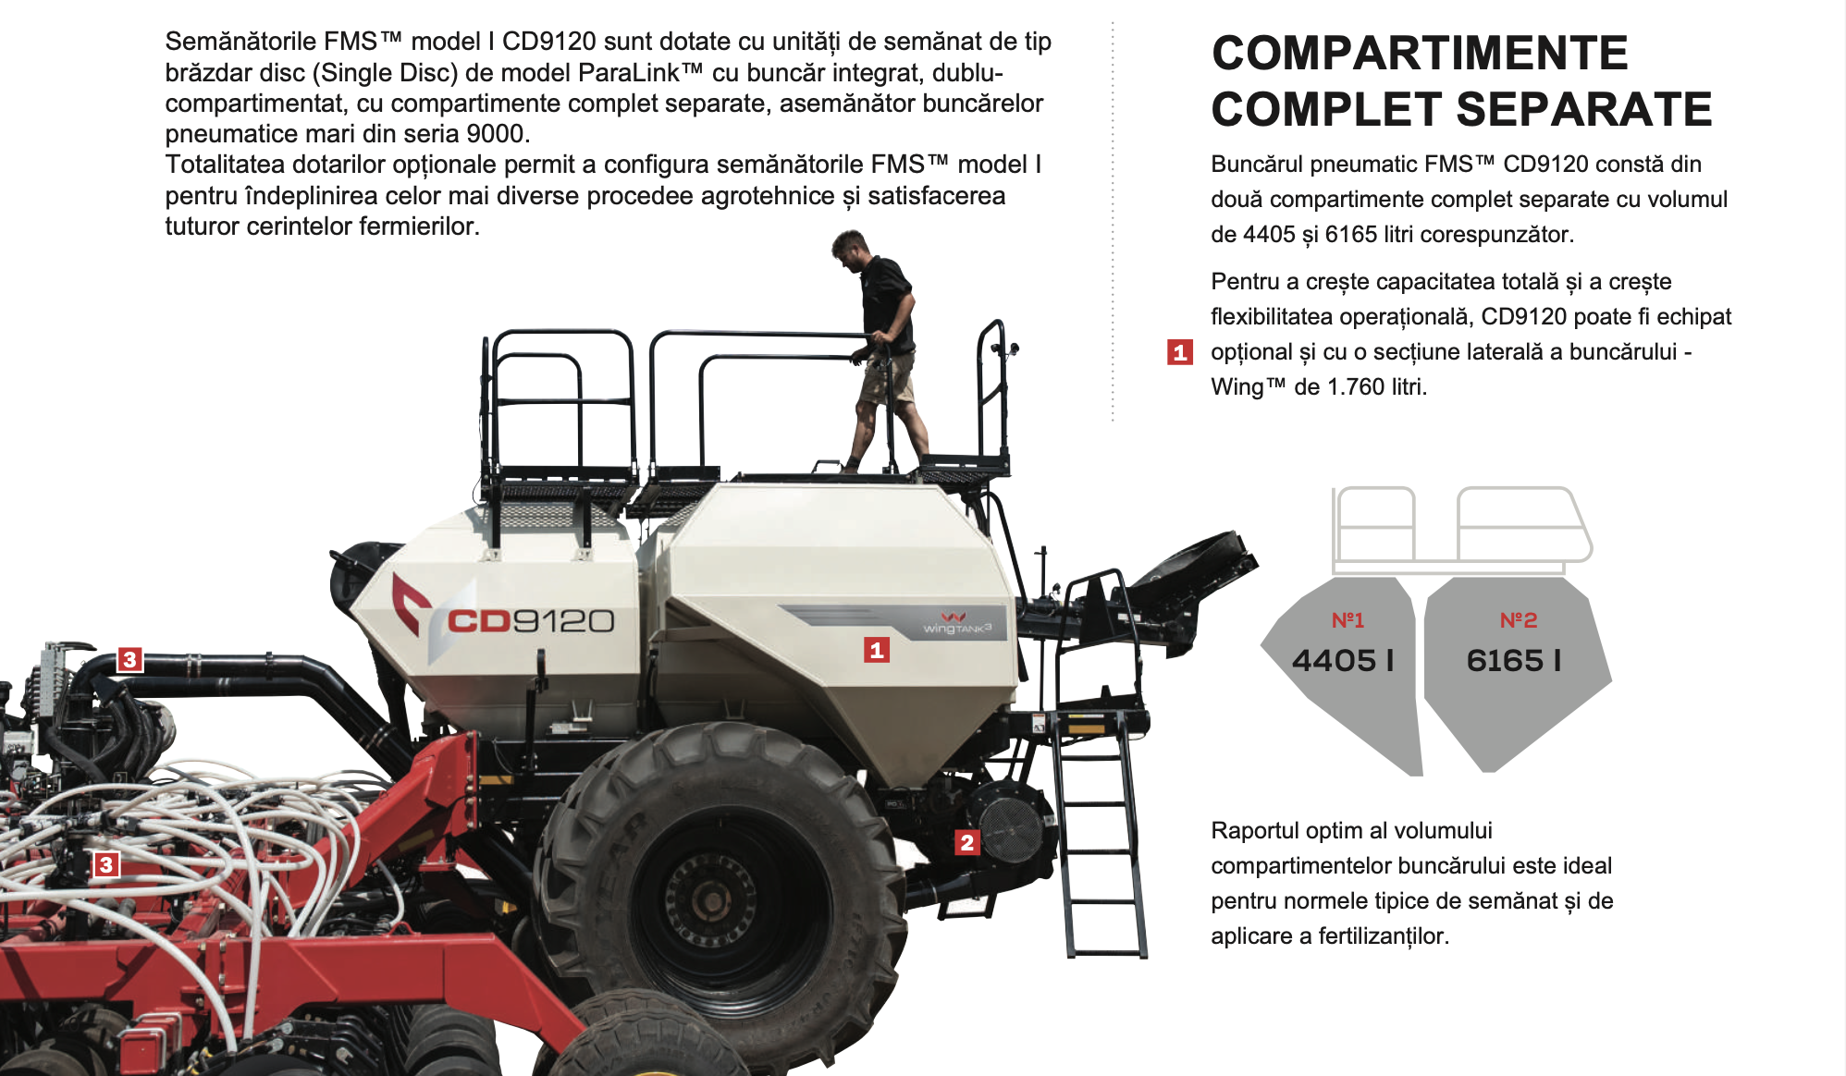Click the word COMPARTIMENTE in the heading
point(1420,53)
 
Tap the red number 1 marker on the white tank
point(877,650)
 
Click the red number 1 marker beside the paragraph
point(1179,352)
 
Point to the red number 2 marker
point(967,842)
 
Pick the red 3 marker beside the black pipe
point(129,659)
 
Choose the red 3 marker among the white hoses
point(106,864)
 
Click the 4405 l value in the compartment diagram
point(1343,660)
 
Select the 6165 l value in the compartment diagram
point(1514,660)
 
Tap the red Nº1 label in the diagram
point(1348,620)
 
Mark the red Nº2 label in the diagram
point(1519,620)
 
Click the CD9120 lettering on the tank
point(531,621)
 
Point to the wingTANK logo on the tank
point(957,624)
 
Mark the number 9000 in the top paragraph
point(495,134)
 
